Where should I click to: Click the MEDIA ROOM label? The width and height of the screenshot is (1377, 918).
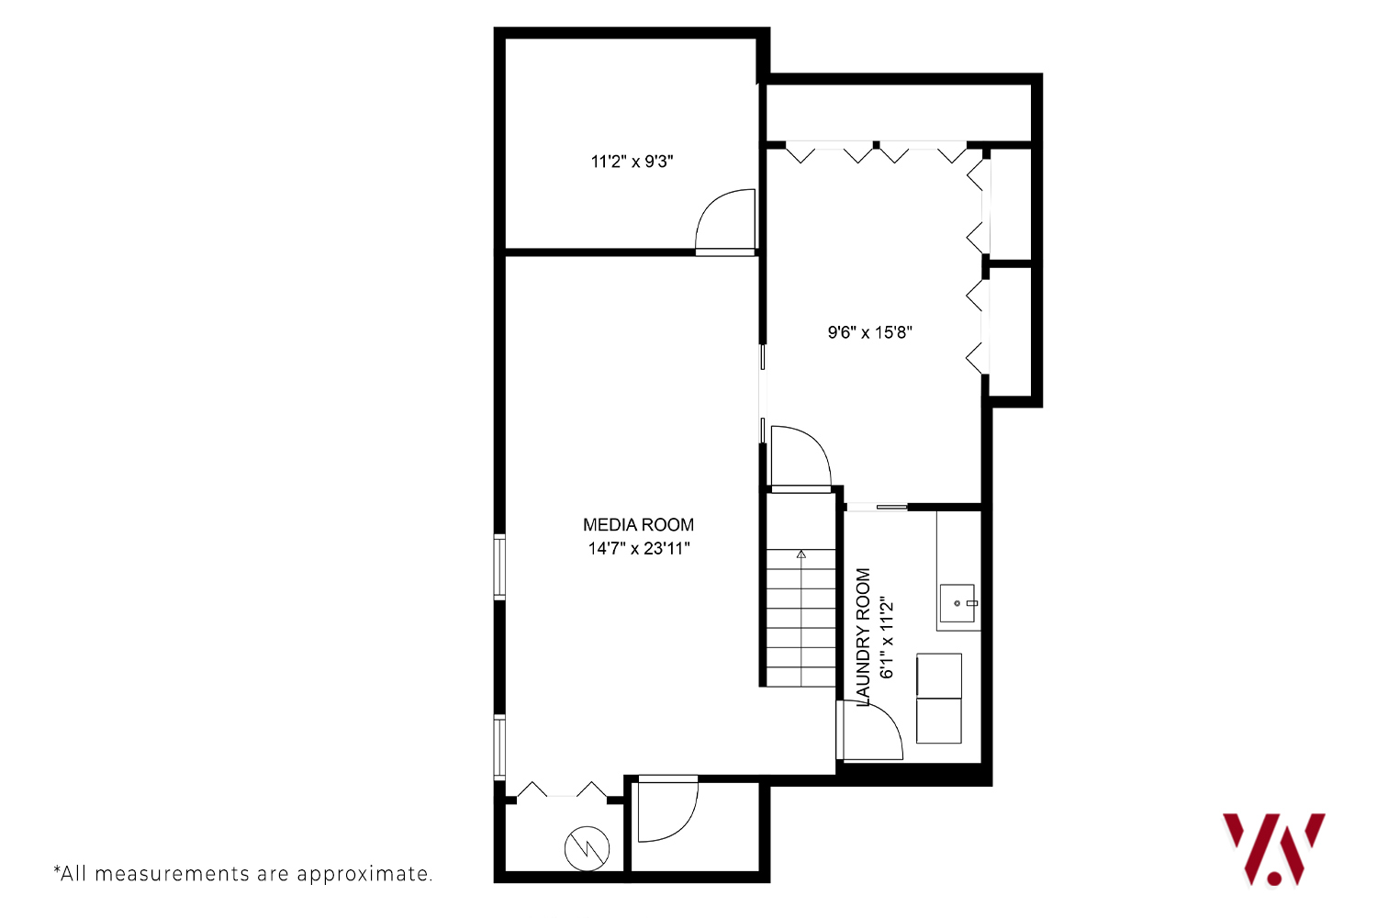[x=638, y=524]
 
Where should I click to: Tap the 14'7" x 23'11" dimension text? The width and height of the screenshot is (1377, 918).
[x=639, y=548]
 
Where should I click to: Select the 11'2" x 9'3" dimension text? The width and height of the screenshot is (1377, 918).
[x=632, y=161]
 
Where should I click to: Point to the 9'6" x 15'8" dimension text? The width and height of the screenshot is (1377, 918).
[x=870, y=332]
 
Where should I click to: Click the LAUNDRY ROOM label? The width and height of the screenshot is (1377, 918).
[x=864, y=637]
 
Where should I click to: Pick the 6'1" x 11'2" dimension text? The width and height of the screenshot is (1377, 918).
[x=887, y=637]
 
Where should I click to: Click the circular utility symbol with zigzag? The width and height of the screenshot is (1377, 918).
[x=588, y=848]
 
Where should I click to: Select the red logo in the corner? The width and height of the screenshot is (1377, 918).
[x=1274, y=849]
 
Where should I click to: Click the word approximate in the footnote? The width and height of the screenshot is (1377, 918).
[x=364, y=874]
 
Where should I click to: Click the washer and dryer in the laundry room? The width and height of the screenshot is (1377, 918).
[x=939, y=698]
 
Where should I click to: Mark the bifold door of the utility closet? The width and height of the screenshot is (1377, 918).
[x=562, y=789]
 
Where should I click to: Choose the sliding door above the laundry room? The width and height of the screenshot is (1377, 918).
[x=878, y=508]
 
